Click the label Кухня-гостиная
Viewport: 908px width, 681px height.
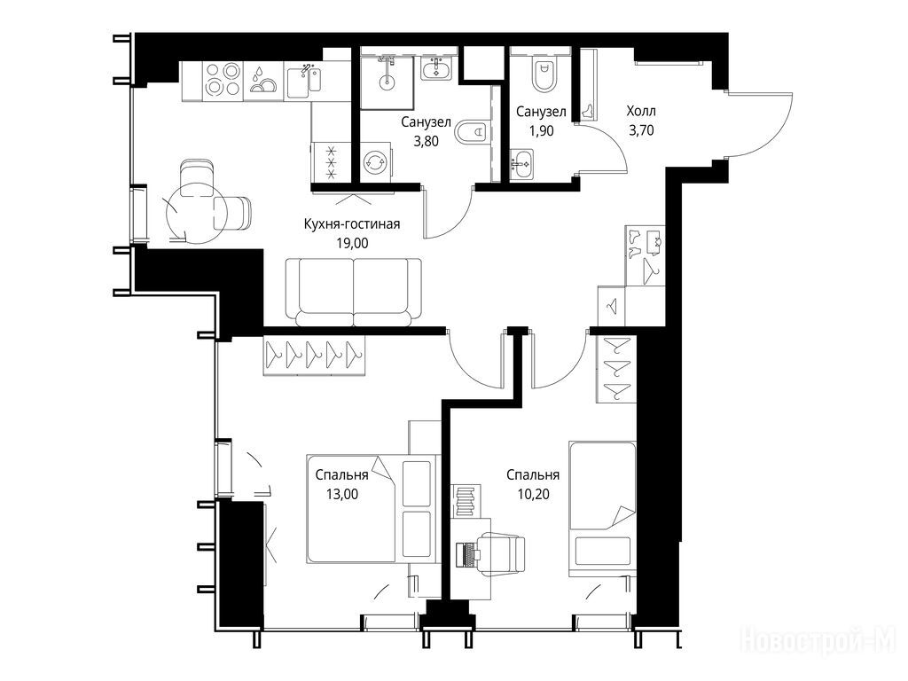pyautogui.click(x=351, y=224)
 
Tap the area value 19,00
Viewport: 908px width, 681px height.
pyautogui.click(x=352, y=243)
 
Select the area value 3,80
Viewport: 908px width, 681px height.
pyautogui.click(x=427, y=141)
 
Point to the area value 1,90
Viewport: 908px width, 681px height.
pyautogui.click(x=541, y=131)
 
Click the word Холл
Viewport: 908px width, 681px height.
pyautogui.click(x=641, y=111)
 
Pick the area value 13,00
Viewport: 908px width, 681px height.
pyautogui.click(x=342, y=494)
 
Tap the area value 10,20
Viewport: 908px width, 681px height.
pyautogui.click(x=533, y=494)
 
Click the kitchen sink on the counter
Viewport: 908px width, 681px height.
pyautogui.click(x=303, y=81)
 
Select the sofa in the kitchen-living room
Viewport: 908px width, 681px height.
pyautogui.click(x=353, y=292)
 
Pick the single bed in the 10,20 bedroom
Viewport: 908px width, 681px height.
pyautogui.click(x=602, y=510)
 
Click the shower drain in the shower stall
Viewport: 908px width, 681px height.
pyautogui.click(x=387, y=82)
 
